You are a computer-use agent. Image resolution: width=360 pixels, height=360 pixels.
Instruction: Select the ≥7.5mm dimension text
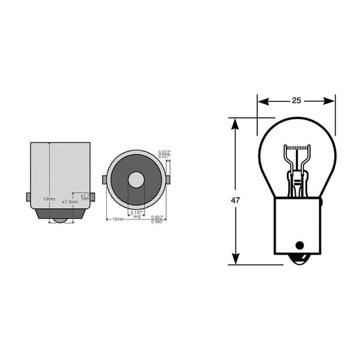(69, 202)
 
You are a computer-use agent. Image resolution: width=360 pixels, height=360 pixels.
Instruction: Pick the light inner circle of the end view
(136, 180)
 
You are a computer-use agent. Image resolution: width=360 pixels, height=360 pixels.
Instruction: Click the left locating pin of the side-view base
(28, 197)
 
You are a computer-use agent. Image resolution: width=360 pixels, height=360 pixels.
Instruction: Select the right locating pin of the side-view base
(92, 197)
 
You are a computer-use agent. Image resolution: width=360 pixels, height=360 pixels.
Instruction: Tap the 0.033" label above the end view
(163, 152)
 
